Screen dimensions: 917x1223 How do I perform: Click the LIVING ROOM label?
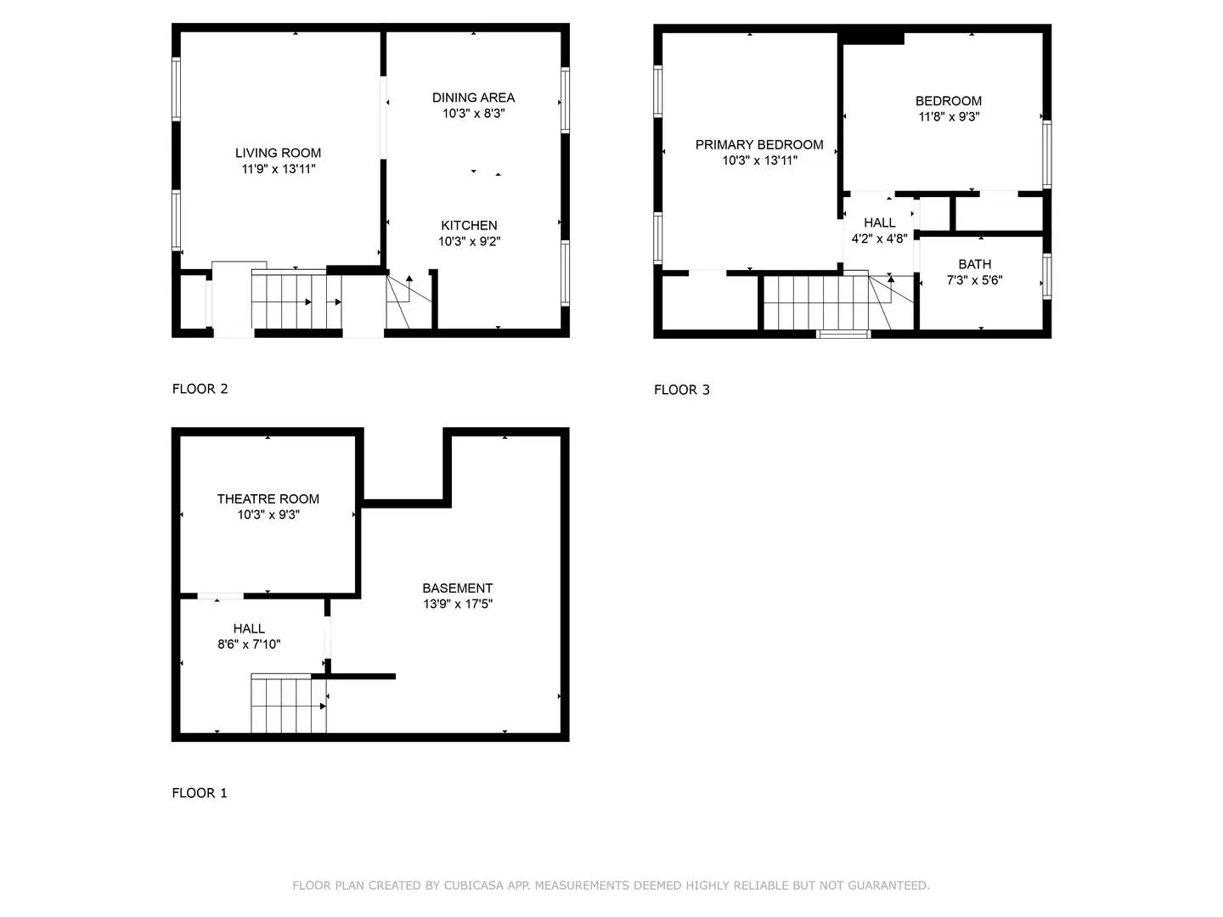278,153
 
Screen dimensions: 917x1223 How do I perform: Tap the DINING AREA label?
473,98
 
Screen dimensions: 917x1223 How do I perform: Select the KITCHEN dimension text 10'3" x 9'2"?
469,241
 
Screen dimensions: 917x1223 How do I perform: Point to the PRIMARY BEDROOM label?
759,144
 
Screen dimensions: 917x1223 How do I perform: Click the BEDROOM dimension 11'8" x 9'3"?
949,117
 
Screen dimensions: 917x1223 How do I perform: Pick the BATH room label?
974,264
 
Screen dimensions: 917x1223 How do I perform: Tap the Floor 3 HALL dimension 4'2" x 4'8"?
879,239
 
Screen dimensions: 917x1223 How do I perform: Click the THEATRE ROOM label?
268,499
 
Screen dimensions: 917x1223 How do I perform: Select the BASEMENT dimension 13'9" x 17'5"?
458,604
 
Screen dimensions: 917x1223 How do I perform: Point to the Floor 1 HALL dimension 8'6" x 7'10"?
249,644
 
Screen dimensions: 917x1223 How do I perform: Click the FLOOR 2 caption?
200,389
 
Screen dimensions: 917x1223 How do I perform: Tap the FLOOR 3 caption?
681,390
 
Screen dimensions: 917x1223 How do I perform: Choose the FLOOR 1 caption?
200,793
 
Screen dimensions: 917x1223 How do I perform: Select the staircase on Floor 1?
288,705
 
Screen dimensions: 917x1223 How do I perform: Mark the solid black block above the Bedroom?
872,37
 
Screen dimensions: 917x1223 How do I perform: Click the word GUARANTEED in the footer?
888,886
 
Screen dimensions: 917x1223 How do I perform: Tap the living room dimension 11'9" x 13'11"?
278,169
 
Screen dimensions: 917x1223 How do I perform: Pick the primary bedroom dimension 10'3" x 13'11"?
759,160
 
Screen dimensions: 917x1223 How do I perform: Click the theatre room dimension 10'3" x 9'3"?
268,515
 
